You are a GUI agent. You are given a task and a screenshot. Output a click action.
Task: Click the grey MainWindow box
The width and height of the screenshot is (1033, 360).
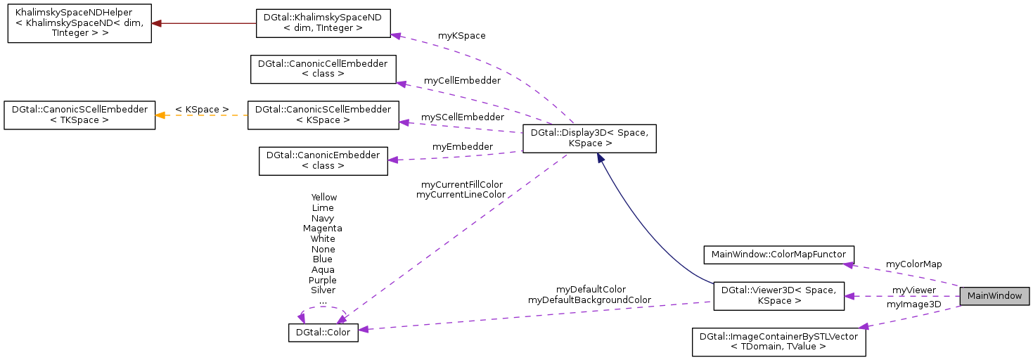click(x=994, y=296)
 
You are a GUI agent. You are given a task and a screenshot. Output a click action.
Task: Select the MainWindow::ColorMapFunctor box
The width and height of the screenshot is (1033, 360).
click(x=779, y=254)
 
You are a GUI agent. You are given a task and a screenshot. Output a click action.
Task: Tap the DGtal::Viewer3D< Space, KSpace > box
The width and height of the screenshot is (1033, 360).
click(x=779, y=296)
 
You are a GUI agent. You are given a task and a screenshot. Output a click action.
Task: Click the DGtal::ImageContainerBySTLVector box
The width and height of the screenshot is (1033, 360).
click(x=779, y=341)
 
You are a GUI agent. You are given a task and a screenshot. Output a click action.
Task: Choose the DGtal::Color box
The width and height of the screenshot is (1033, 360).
click(x=323, y=333)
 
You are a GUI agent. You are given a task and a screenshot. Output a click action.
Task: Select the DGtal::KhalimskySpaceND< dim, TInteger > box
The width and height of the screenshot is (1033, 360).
click(x=323, y=23)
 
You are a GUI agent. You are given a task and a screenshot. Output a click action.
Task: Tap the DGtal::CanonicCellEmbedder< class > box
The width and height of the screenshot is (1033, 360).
click(x=323, y=68)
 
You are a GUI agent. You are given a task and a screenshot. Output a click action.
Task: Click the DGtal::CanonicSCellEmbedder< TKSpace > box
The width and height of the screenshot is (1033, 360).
click(x=79, y=115)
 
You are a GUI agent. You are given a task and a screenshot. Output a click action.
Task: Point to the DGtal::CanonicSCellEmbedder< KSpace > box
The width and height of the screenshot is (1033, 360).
click(x=323, y=115)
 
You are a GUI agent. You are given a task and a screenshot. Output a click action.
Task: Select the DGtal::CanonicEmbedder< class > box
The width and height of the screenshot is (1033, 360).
click(x=323, y=160)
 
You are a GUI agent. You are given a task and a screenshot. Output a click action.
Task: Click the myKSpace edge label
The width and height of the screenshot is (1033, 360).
click(x=462, y=35)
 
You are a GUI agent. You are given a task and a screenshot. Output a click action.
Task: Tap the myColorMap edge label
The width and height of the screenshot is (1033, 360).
click(x=913, y=264)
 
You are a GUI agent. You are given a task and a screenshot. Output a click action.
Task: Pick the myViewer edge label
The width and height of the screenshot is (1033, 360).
click(x=913, y=290)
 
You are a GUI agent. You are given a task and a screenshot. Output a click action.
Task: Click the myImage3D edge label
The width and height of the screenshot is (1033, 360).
click(x=913, y=304)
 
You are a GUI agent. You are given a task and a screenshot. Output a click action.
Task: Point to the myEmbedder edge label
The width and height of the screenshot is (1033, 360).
click(x=462, y=146)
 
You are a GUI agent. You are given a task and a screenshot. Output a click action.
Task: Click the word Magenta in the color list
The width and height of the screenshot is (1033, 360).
click(x=323, y=228)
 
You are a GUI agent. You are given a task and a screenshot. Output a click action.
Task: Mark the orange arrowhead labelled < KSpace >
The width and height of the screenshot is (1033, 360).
click(x=161, y=115)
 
